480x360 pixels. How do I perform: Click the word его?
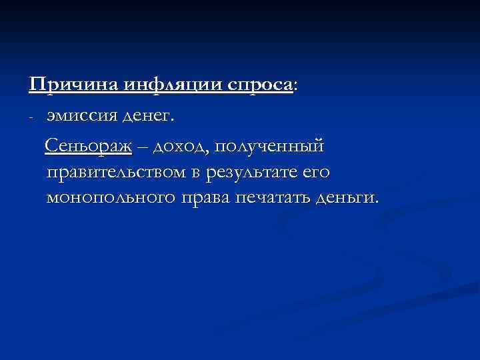pyautogui.click(x=316, y=173)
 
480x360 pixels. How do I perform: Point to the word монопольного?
pyautogui.click(x=109, y=199)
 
